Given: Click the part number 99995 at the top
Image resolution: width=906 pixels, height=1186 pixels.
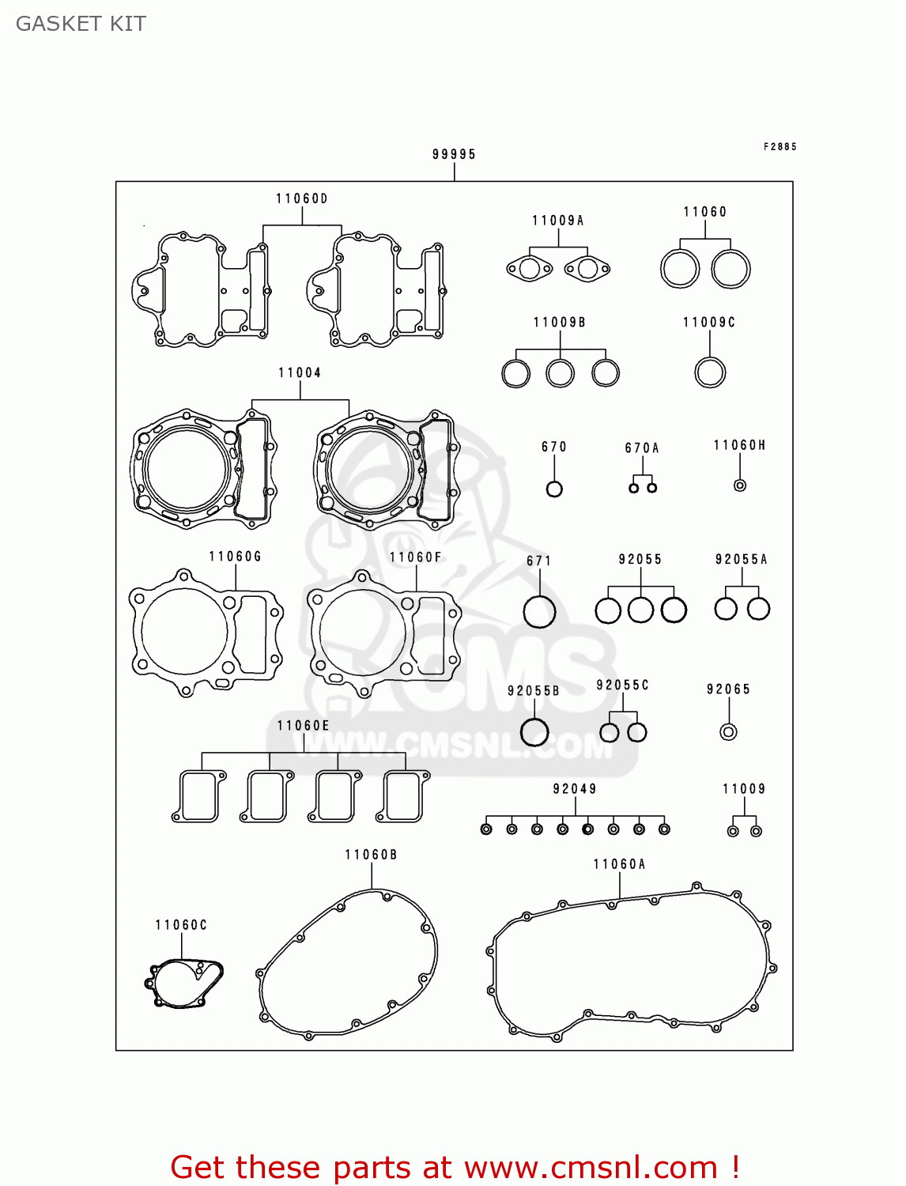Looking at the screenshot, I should pos(454,154).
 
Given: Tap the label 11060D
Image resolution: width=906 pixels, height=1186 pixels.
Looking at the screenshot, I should pos(302,198).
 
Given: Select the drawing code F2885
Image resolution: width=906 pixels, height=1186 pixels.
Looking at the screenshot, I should pos(780,146).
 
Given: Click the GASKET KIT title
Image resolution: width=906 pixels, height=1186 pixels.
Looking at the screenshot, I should pos(81,24).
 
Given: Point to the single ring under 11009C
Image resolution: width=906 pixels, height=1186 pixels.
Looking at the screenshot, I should pos(710,372).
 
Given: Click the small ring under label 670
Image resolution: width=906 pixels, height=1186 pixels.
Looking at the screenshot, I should pos(554,489).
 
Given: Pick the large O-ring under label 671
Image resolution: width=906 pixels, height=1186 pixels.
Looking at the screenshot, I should pos(539,611).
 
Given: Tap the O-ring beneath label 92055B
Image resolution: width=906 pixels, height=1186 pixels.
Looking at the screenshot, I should pos(534,731).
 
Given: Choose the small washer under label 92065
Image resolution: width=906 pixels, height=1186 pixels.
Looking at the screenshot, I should pos(728,731).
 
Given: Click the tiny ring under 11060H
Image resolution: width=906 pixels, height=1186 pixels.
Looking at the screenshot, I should pos(740,485).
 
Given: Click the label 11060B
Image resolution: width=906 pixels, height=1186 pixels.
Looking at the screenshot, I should pos(371,855).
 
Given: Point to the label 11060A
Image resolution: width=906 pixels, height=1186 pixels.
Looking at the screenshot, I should pos(620,864).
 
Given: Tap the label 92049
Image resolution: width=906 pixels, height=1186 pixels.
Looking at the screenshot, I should pos(575,788).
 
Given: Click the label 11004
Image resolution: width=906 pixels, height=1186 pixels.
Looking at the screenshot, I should pos(300,372).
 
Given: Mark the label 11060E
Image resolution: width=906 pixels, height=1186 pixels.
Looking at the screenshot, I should pos(304,725).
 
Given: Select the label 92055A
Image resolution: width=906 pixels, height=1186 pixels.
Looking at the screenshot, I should pos(742,559).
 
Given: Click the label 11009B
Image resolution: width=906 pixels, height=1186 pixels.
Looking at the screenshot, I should pos(560,322).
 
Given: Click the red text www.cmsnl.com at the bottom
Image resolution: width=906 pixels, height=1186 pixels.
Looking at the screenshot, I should pos(591,1167).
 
